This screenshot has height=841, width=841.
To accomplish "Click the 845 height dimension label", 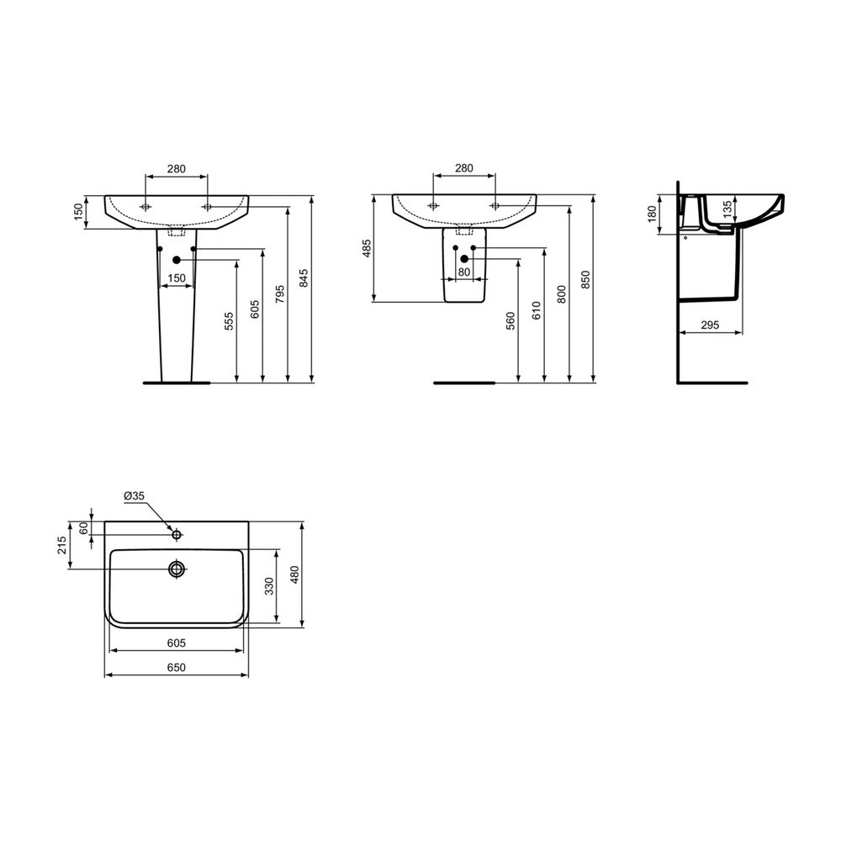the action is pyautogui.click(x=303, y=279).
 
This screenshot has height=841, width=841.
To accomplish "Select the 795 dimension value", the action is pyautogui.click(x=279, y=294).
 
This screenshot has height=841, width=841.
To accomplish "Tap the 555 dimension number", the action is pyautogui.click(x=229, y=320).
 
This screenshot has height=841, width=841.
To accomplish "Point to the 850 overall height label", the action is pyautogui.click(x=585, y=280).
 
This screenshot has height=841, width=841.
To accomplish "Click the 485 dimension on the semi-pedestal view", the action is pyautogui.click(x=367, y=248).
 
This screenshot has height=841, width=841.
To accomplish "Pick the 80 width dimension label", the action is pyautogui.click(x=464, y=272).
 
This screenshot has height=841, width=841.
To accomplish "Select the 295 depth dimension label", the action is pyautogui.click(x=710, y=325).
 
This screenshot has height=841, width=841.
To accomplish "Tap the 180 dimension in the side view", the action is pyautogui.click(x=653, y=214).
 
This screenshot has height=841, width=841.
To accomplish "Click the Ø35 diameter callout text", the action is pyautogui.click(x=134, y=496).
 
